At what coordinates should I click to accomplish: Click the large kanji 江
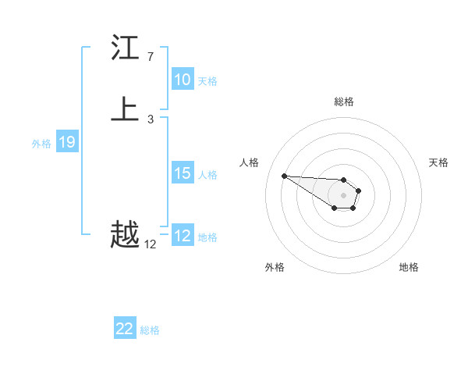coord(125,48)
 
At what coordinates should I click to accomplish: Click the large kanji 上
coord(125,109)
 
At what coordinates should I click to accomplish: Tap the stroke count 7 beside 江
coord(150,57)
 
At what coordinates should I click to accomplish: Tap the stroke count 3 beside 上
coord(150,119)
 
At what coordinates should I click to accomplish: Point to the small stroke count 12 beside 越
coord(150,244)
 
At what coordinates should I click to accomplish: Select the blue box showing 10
coord(183,80)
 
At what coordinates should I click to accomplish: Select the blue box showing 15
coord(183,173)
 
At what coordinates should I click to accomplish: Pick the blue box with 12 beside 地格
coord(183,236)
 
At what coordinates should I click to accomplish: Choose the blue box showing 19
coord(67,142)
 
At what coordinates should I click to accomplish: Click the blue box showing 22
coord(125,329)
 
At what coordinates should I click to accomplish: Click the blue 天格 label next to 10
coord(207,80)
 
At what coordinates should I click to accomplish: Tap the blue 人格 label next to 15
coord(207,174)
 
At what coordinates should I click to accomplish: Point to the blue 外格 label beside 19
coord(41,143)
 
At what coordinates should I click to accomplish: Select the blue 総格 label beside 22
coord(150,330)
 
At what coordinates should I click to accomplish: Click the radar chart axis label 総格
coord(343,102)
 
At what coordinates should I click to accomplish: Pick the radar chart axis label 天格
coord(438,162)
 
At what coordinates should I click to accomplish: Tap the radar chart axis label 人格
coord(249,162)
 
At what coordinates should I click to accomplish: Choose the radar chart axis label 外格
coord(275,267)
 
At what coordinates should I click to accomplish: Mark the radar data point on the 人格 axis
coord(284,176)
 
